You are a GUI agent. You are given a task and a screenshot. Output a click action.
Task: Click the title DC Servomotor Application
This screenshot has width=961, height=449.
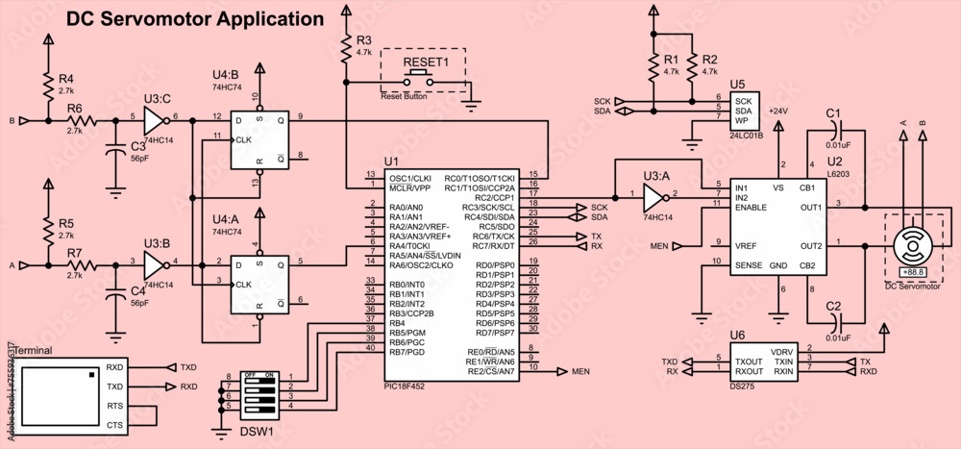coord(195,19)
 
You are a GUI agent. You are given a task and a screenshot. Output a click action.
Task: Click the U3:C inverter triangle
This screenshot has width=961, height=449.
coord(153,121)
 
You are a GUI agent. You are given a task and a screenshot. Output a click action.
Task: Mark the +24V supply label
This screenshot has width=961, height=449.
coord(777,112)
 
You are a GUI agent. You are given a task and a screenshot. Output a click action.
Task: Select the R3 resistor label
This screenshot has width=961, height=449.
coord(363,40)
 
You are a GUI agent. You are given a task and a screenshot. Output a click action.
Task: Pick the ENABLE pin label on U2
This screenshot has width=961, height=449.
coord(752,207)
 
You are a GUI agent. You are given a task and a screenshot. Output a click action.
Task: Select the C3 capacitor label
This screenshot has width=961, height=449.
coord(137,146)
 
